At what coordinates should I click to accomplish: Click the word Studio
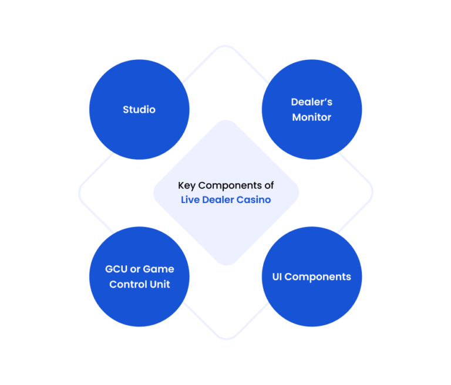coord(139,110)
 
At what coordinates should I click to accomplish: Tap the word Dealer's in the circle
coord(311,102)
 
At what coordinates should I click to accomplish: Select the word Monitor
coord(312,117)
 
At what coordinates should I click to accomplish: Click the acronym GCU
coord(116,269)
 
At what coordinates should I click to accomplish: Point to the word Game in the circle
coord(159,269)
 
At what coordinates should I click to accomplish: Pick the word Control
coord(128,285)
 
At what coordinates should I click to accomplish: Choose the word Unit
coord(160,285)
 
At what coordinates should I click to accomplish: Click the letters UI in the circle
coord(277,276)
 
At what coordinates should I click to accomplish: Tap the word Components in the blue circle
coord(318,277)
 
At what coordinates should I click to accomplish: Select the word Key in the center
coord(187,186)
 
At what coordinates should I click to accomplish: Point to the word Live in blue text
coord(190,200)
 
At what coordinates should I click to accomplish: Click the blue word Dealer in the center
coord(218,200)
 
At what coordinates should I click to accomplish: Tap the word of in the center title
coord(269,185)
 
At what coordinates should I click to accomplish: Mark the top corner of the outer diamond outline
coord(225,45)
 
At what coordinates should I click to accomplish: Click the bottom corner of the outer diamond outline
coord(226,339)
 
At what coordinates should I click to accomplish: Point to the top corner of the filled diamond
coord(226,120)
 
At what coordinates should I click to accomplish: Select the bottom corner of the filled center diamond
coord(226,265)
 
